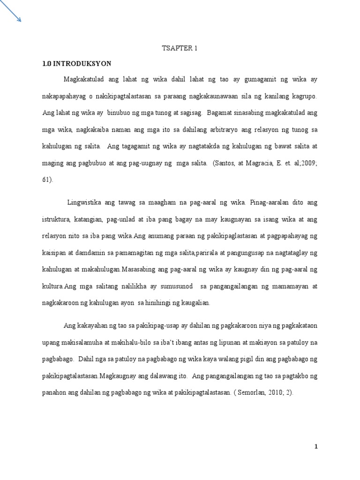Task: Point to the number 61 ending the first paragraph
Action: [47, 179]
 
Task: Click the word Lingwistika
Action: [86, 203]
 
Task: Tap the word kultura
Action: [53, 286]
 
